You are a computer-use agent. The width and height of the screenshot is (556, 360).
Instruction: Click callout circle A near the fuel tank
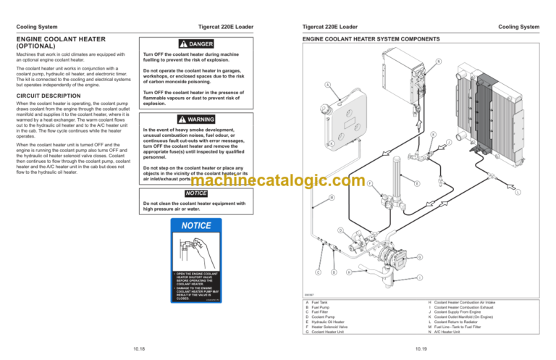[328, 85]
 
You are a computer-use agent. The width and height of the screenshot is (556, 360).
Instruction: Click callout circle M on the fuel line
[332, 198]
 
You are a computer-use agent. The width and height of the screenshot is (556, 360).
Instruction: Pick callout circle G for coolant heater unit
[419, 257]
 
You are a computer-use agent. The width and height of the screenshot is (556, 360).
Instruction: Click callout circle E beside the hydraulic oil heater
[416, 183]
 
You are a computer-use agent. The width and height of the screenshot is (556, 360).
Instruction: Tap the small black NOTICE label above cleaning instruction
[196, 193]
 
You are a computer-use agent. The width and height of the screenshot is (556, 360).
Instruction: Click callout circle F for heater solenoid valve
[370, 183]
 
